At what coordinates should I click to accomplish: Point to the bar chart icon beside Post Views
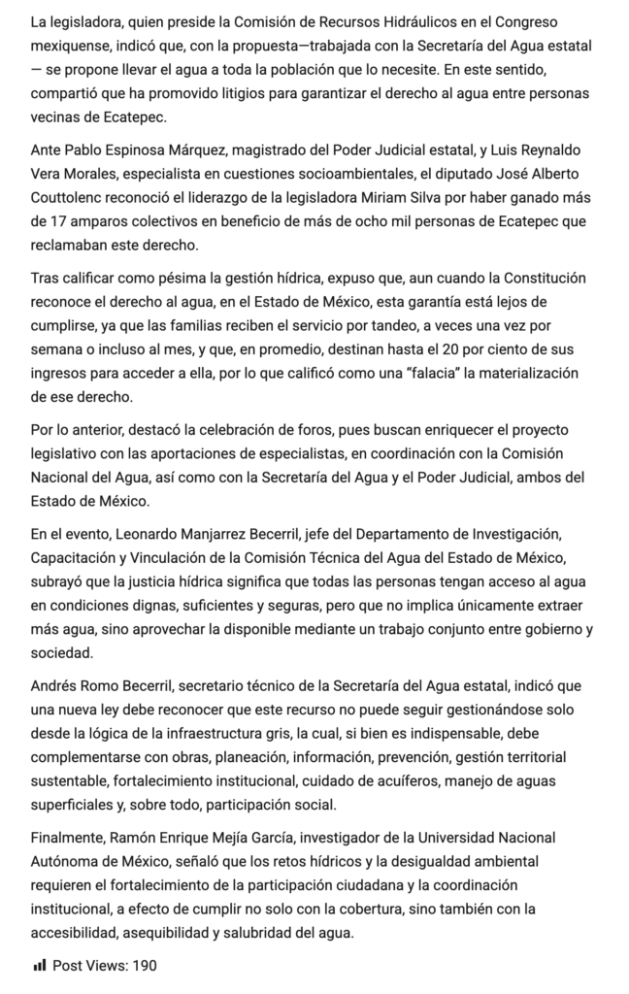(40, 966)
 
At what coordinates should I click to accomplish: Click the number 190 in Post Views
(144, 966)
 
